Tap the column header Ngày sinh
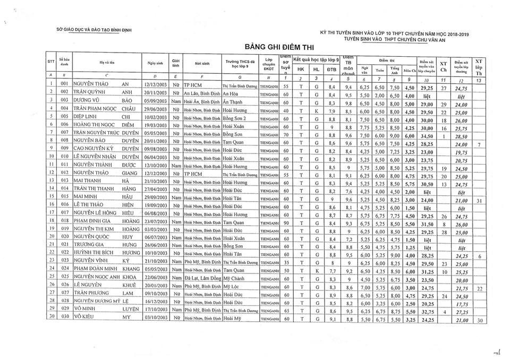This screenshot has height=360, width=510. [x=154, y=63]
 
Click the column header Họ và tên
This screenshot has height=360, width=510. [x=108, y=63]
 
